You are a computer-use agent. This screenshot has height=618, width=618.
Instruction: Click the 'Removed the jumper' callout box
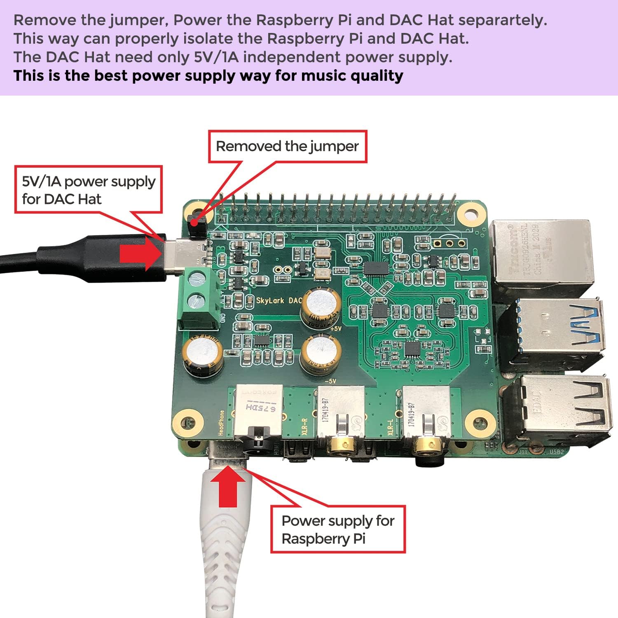click(x=288, y=147)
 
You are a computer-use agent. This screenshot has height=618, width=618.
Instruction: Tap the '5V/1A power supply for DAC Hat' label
click(x=89, y=190)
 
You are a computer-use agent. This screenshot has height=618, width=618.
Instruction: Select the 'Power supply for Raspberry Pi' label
click(x=338, y=529)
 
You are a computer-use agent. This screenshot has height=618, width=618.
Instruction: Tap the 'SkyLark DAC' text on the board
click(x=279, y=300)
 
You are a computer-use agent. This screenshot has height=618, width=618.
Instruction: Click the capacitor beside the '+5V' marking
click(x=321, y=307)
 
